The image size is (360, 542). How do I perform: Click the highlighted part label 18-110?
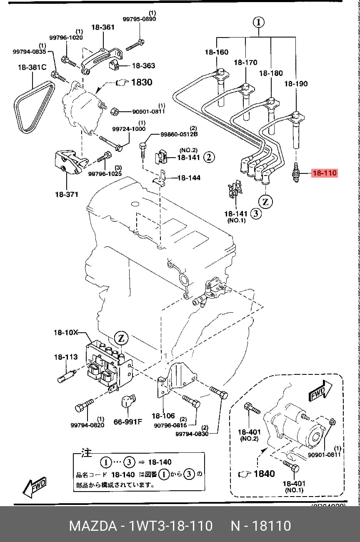pyautogui.click(x=325, y=173)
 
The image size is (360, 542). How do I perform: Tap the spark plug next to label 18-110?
pyautogui.click(x=296, y=172)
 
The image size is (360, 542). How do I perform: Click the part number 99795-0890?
pyautogui.click(x=139, y=19)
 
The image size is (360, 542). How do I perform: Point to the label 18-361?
pyautogui.click(x=103, y=28)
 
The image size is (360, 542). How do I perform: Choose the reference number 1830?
pyautogui.click(x=142, y=82)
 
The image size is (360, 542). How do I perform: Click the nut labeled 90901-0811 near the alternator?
pyautogui.click(x=114, y=112)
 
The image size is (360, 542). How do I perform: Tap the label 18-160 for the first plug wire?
pyautogui.click(x=217, y=52)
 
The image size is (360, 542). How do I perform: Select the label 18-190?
pyautogui.click(x=296, y=84)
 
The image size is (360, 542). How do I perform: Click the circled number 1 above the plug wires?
pyautogui.click(x=259, y=23)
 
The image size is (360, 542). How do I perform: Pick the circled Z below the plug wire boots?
pyautogui.click(x=265, y=201)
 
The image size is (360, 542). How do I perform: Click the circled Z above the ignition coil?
pyautogui.click(x=121, y=338)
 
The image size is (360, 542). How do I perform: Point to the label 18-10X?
pyautogui.click(x=66, y=332)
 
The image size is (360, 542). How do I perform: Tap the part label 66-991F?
pyautogui.click(x=128, y=422)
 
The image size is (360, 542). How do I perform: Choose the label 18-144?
pyautogui.click(x=189, y=178)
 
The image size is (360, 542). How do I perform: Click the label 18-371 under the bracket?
pyautogui.click(x=67, y=194)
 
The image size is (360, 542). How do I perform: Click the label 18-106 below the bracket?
pyautogui.click(x=163, y=416)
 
